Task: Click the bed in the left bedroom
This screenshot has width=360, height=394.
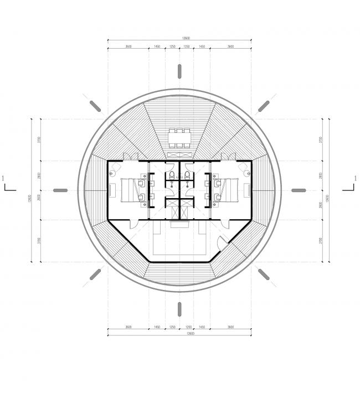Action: tap(128, 190)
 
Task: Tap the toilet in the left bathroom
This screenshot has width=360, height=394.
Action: tap(172, 176)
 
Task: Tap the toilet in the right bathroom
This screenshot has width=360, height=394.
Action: tap(187, 176)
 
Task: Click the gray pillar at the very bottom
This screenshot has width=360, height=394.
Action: tap(179, 309)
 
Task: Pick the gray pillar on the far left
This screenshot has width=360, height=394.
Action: tap(60, 190)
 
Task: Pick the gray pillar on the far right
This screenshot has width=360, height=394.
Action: tap(299, 190)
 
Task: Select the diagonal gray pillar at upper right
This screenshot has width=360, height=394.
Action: tap(264, 106)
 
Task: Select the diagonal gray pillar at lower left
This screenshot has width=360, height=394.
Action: tap(95, 274)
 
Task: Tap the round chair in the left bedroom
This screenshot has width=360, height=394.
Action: tap(112, 172)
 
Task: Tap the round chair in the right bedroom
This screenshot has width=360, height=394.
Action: tap(247, 172)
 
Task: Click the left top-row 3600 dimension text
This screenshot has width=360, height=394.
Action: tap(128, 47)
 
